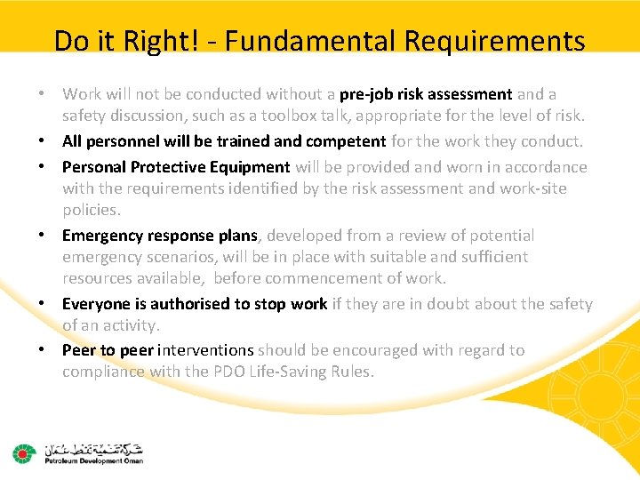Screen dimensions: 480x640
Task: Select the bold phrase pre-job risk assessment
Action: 426,94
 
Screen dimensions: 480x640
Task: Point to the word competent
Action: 346,141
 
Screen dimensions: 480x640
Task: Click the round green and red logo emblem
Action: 22,454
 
